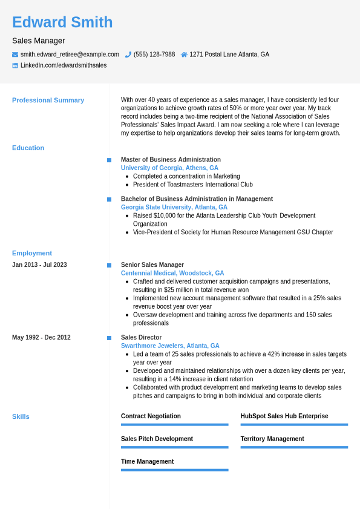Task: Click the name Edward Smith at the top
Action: (62, 22)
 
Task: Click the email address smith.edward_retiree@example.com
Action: (70, 54)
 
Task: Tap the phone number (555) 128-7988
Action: (154, 54)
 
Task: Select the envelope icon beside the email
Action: (15, 54)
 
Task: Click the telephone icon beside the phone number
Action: (128, 54)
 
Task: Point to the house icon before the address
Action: (184, 54)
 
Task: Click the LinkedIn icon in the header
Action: (15, 65)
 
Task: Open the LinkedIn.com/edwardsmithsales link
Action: (64, 65)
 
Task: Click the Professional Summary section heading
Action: (48, 100)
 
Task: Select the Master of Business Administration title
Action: (171, 160)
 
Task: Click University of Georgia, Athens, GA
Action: (169, 168)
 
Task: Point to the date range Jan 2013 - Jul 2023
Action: (39, 265)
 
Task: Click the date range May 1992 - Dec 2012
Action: (41, 338)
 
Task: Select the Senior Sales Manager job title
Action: (152, 265)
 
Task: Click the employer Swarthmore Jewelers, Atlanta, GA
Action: (170, 346)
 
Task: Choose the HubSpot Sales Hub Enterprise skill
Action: (284, 416)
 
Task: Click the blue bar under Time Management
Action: (174, 470)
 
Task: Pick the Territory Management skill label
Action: (272, 439)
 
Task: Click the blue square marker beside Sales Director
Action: (109, 338)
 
